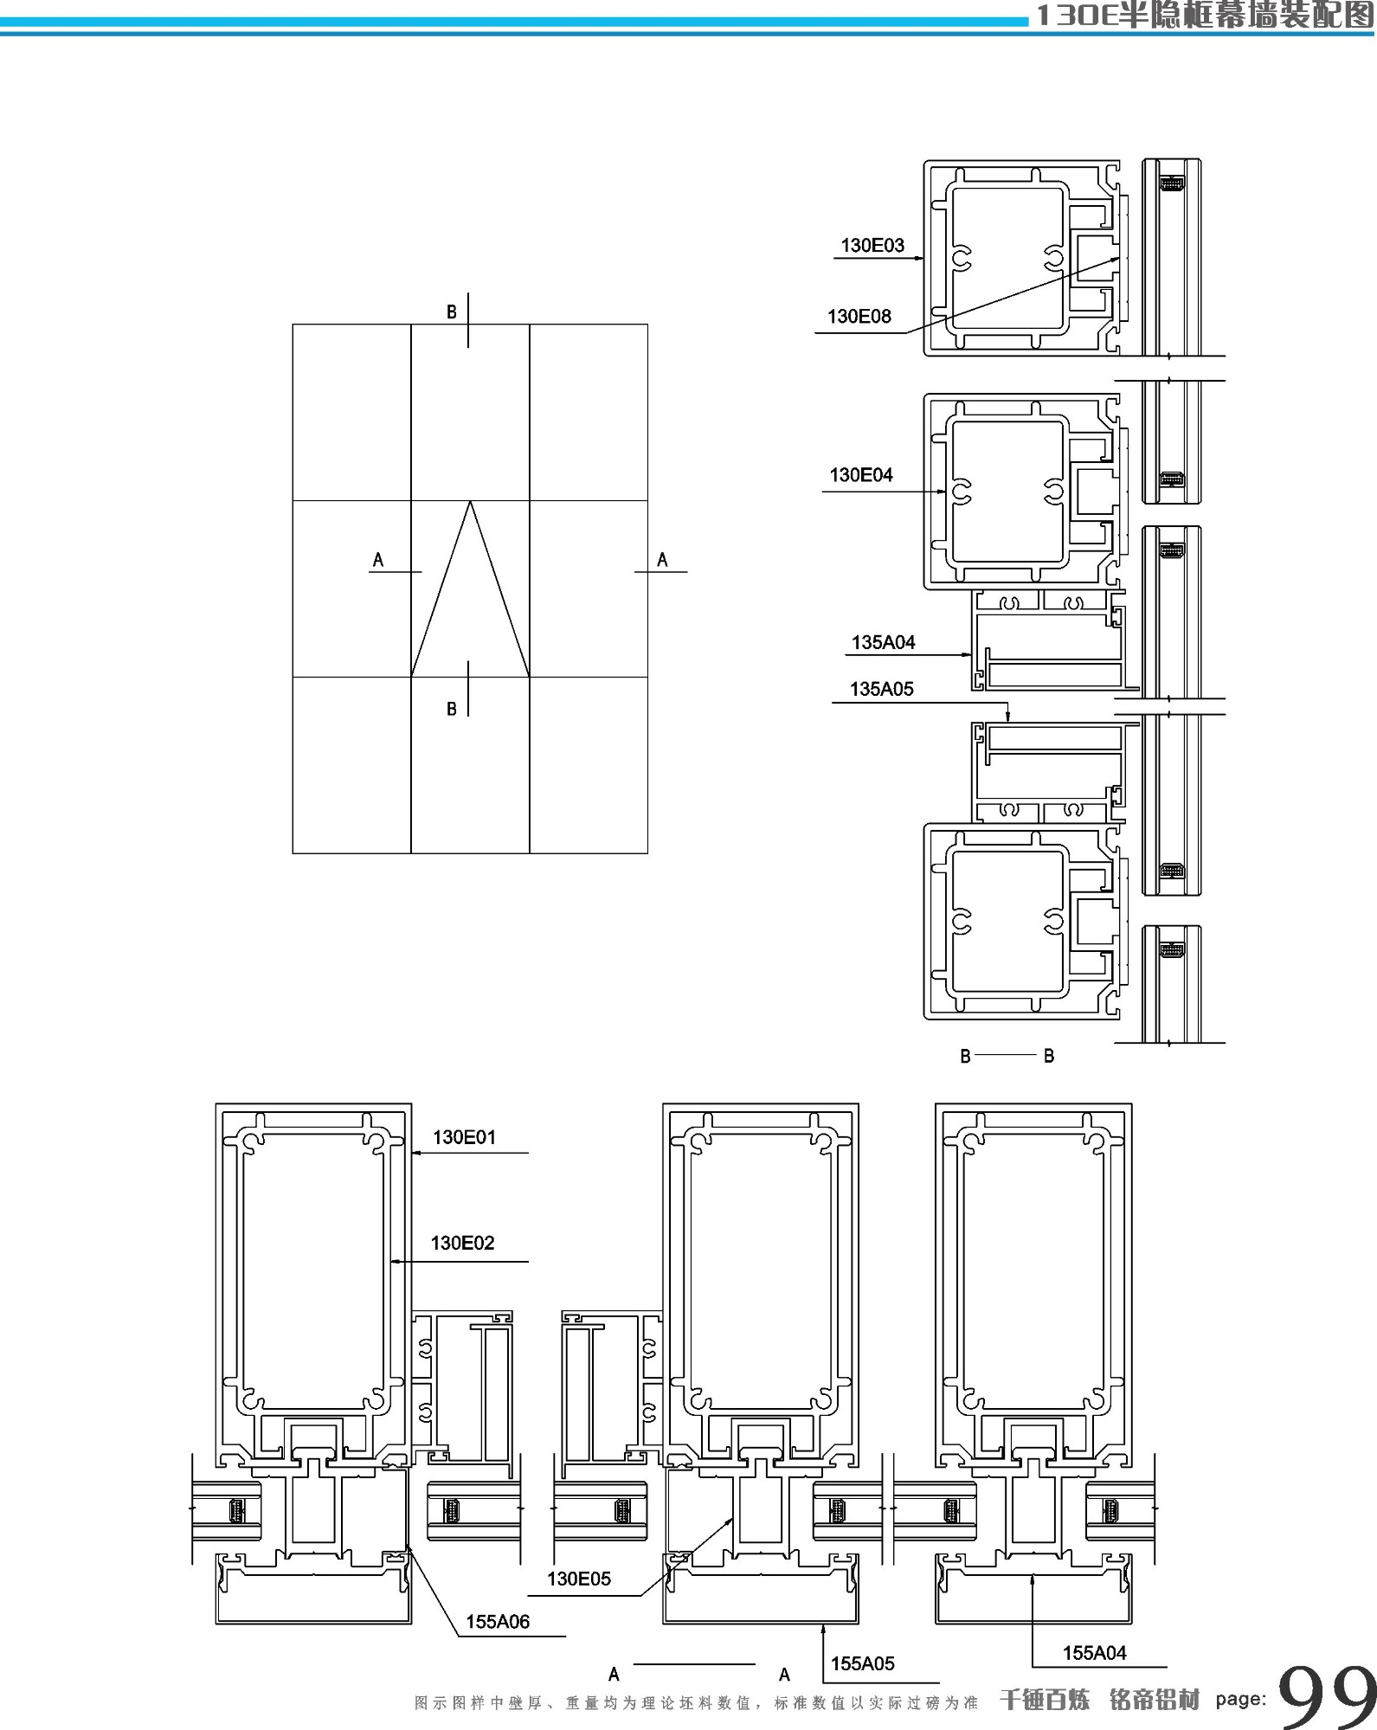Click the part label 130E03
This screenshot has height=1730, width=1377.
[x=872, y=246]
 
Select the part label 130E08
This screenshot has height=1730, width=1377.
[x=859, y=317]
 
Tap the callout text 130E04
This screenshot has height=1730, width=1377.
[x=860, y=475]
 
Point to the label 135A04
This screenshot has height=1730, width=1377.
[x=883, y=643]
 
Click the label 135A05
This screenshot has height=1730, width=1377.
[x=881, y=690]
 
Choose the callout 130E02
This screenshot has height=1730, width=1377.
[x=462, y=1244]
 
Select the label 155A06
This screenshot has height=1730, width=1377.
[x=498, y=1622]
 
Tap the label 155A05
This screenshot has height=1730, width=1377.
[x=862, y=1663]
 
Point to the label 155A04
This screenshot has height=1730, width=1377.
[x=1094, y=1653]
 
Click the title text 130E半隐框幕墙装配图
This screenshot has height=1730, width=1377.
[x=1203, y=15]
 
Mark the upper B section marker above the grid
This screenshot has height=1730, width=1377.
[x=451, y=312]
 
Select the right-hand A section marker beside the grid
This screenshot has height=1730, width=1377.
[x=662, y=560]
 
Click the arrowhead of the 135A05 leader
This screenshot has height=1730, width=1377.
[x=1010, y=717]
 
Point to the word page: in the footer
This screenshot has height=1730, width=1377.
[x=1240, y=1699]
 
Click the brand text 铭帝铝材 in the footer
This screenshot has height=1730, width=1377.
[x=1154, y=1700]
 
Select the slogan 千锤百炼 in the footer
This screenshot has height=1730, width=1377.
[x=1044, y=1700]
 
